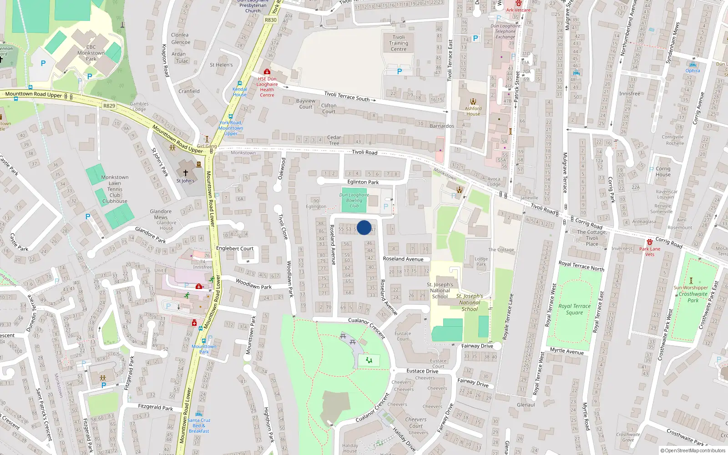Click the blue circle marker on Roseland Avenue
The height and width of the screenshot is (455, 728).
tap(364, 227)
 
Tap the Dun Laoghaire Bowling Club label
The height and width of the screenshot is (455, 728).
tap(354, 200)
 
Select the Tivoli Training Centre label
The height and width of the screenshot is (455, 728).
tap(399, 43)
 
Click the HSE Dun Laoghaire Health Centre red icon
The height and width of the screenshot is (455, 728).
tap(267, 72)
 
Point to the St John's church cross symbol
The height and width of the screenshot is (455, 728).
tap(185, 173)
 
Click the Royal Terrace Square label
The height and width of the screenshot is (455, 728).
tap(574, 309)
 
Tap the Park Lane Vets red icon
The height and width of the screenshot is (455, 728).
tap(650, 242)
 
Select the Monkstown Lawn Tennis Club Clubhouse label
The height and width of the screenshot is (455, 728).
tap(115, 189)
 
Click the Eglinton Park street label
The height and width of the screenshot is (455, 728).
tap(363, 182)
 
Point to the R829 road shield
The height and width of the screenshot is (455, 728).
tap(109, 106)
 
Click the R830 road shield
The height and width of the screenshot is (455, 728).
tap(271, 20)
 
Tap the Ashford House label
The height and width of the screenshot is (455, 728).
tap(473, 111)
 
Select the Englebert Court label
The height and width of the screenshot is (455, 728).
tap(235, 248)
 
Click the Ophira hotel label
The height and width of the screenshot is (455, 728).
tap(693, 71)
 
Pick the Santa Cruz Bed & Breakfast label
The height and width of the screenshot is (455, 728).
tap(199, 425)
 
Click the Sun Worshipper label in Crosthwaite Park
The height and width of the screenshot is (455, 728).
tap(691, 288)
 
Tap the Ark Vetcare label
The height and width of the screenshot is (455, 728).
tap(518, 10)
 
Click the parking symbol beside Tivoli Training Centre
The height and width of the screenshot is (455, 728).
tap(399, 71)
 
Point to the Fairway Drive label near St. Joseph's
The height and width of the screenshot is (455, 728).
tap(477, 346)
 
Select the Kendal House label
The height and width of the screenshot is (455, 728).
tap(240, 92)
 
